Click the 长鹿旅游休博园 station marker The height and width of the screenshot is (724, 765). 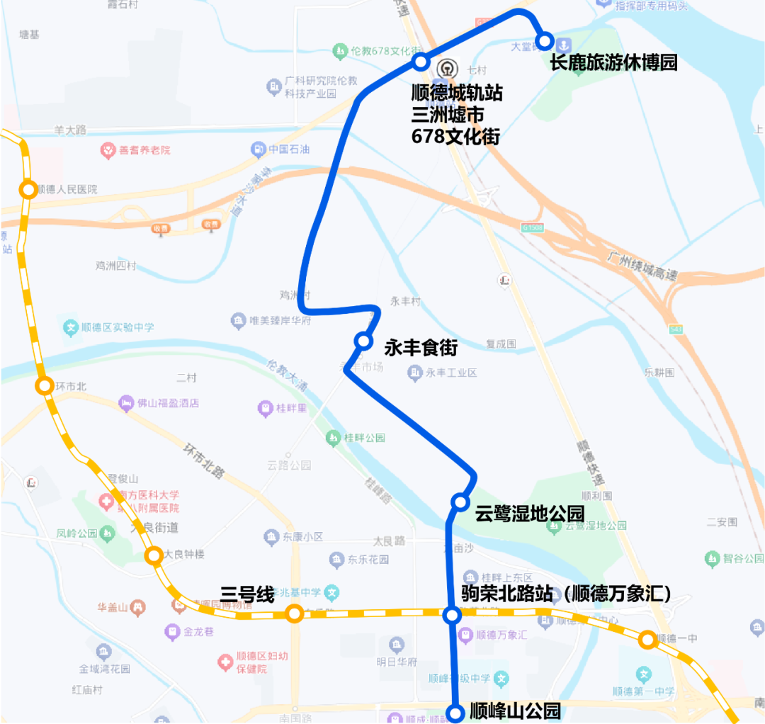[x=544, y=41]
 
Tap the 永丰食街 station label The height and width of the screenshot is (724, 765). [x=421, y=348]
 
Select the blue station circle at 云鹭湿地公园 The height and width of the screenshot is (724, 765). [x=460, y=502]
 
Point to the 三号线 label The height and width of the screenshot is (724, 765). [x=246, y=595]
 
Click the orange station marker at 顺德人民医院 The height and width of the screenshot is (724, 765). [x=28, y=189]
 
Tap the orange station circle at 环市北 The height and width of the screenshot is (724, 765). [x=44, y=386]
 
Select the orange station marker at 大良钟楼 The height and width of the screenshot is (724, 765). [x=153, y=556]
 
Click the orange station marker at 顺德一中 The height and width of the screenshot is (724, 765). [x=646, y=640]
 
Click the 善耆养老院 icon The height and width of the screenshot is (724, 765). [x=107, y=150]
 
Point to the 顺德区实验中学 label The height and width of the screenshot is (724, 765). [x=117, y=327]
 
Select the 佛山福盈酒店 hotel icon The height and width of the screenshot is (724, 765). [x=127, y=403]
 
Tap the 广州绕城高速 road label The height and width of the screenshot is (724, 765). [x=642, y=266]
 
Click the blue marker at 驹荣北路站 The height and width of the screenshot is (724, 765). [x=451, y=615]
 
